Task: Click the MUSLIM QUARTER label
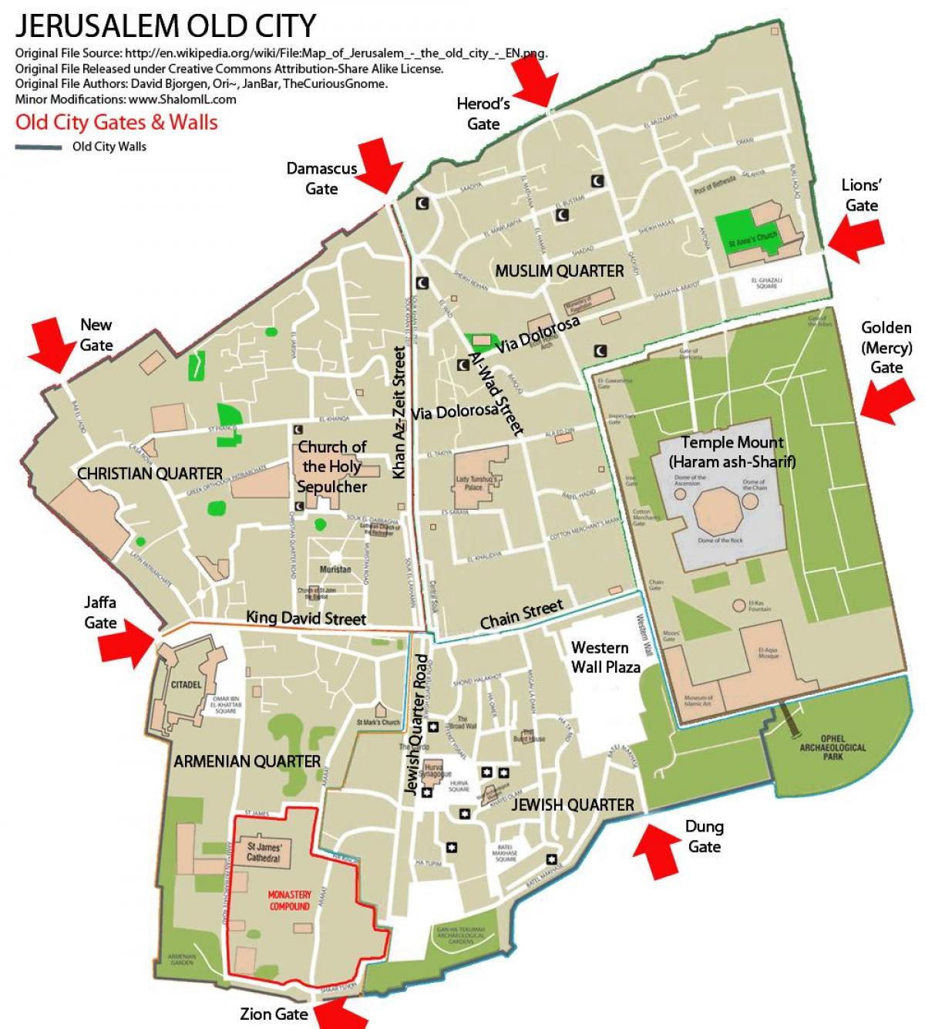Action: coord(560,271)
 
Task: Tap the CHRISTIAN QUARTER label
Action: coord(150,473)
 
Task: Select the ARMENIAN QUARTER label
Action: coord(247,761)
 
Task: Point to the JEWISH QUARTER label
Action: coord(573,805)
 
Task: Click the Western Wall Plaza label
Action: coord(605,657)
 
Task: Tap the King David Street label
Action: coord(306,618)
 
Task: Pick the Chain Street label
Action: coord(522,614)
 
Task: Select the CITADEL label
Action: coord(187,684)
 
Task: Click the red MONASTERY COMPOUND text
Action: coord(289,900)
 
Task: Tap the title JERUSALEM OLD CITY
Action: coord(166,26)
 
